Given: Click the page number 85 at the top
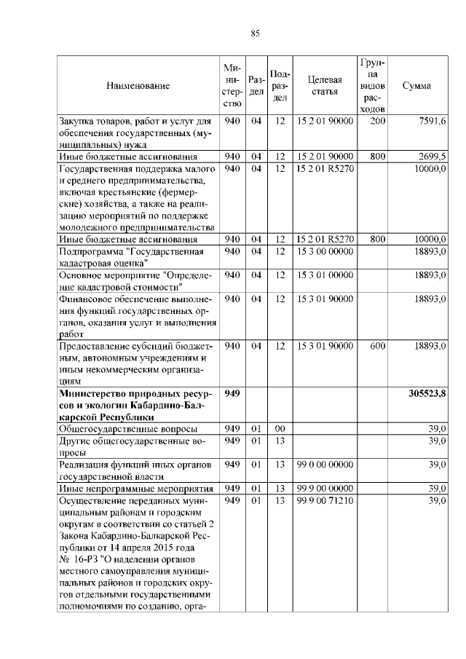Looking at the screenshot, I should click(255, 32).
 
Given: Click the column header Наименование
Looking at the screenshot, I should click(138, 86).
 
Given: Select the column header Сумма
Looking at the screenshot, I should click(416, 86).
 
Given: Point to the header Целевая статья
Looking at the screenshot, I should click(325, 86).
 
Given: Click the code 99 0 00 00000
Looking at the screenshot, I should click(325, 464).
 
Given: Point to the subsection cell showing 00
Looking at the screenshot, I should click(280, 429).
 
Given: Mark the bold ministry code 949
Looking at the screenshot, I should click(232, 394).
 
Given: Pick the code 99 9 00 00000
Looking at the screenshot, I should click(325, 489).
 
